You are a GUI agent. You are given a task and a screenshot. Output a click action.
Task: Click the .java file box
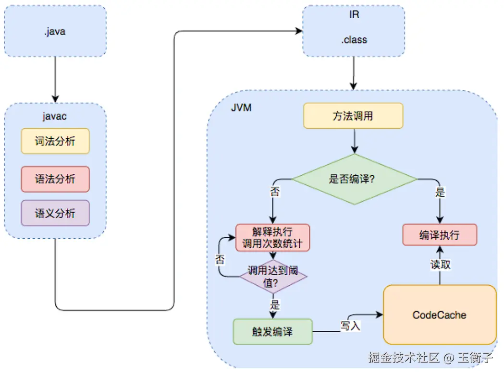[x=55, y=31]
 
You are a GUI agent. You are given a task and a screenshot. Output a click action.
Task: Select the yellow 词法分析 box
[x=55, y=141]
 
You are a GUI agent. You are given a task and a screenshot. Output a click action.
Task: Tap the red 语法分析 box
[x=55, y=179]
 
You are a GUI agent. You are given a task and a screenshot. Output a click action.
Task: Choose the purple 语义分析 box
[x=55, y=213]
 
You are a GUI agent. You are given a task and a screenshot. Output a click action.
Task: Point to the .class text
[x=354, y=40]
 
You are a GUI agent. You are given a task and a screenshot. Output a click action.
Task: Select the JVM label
[x=241, y=107]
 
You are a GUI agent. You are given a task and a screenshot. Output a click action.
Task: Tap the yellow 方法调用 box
[x=353, y=116]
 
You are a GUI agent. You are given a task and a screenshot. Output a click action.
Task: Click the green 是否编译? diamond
[x=354, y=179]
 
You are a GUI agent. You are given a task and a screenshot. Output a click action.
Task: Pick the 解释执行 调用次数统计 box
[x=272, y=237]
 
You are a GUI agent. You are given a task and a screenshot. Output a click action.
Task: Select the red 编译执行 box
[x=439, y=235]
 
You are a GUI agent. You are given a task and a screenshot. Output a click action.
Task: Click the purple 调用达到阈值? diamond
[x=272, y=277]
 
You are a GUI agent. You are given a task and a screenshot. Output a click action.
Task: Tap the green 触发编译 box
[x=272, y=331]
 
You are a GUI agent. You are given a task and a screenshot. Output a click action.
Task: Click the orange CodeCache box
[x=439, y=315]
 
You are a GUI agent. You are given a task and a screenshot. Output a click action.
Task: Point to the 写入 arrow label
[x=351, y=326]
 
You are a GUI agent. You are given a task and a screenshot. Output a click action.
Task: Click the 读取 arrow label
[x=440, y=264]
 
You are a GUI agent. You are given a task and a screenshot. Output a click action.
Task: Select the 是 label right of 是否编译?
[x=440, y=193]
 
